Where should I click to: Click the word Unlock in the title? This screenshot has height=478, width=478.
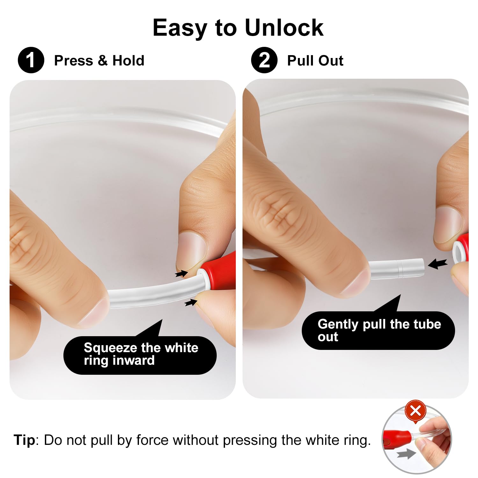(284, 27)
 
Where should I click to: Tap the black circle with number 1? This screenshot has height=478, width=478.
(31, 60)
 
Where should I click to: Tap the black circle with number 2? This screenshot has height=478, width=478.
(264, 60)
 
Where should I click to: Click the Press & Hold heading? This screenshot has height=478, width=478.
(99, 60)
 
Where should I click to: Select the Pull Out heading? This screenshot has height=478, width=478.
(315, 60)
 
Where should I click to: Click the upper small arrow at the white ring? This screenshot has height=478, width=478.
(181, 273)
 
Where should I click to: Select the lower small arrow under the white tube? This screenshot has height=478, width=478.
(191, 302)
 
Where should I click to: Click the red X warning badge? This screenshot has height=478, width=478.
(416, 410)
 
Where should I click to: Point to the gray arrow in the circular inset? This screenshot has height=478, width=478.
(406, 454)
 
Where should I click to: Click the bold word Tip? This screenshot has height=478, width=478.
(24, 440)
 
